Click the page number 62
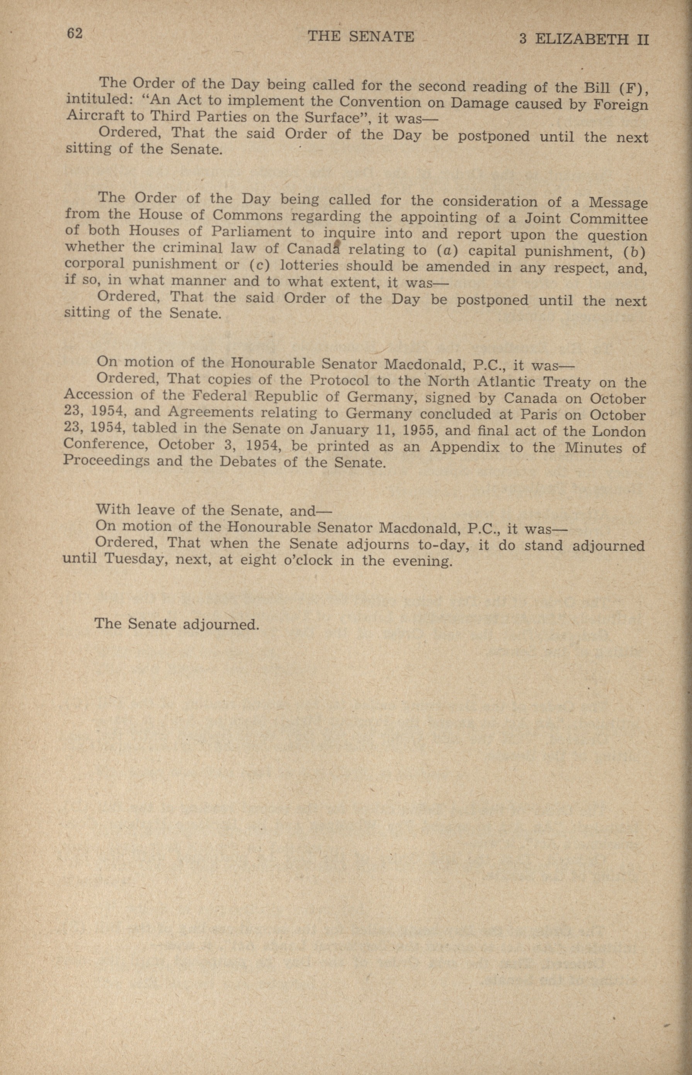pyautogui.click(x=75, y=34)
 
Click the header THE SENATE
pyautogui.click(x=360, y=36)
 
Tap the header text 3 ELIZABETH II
pyautogui.click(x=584, y=39)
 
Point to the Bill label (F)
pyautogui.click(x=632, y=88)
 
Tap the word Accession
pyautogui.click(x=98, y=395)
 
